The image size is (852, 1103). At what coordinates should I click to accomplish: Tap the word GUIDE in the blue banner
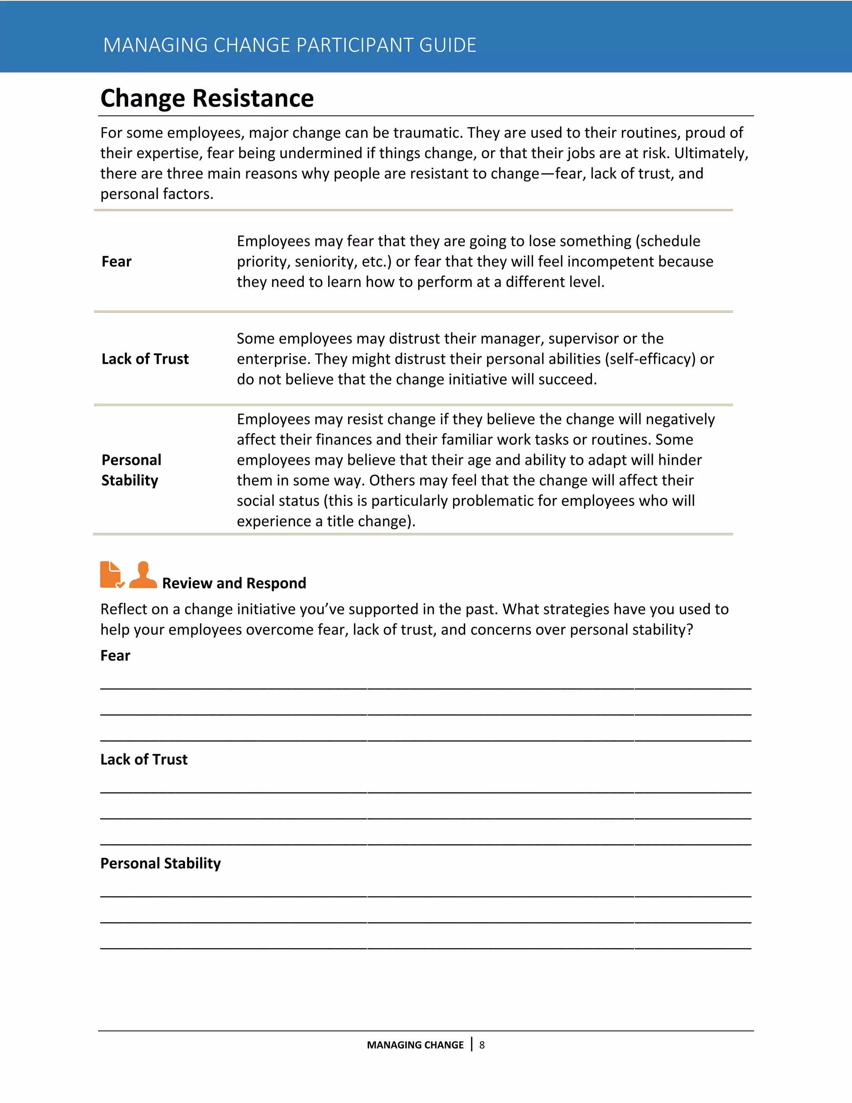click(447, 45)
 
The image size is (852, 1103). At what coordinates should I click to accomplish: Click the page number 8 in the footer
click(482, 1045)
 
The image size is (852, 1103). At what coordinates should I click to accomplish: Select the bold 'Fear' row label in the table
click(116, 262)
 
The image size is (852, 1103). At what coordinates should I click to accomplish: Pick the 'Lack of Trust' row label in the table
click(145, 359)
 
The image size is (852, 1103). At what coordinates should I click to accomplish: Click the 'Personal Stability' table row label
click(131, 470)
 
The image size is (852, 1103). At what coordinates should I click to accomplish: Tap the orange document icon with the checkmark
click(111, 575)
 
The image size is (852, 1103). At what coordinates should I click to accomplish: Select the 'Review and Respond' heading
click(234, 583)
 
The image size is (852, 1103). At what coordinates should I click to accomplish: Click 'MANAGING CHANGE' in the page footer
click(415, 1045)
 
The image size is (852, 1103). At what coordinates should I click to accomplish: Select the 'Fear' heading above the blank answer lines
click(115, 656)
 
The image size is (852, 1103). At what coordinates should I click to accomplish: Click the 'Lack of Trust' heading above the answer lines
click(144, 760)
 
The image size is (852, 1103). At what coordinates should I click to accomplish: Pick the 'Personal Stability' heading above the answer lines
click(161, 864)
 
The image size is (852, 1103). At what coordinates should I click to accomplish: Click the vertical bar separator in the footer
click(471, 1044)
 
